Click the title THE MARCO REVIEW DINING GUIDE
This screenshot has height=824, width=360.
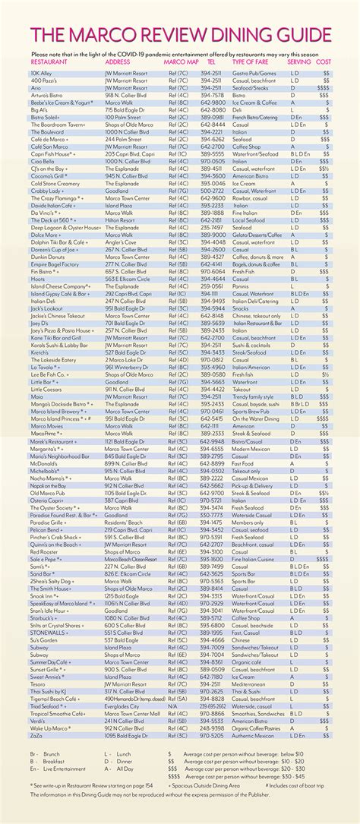[180, 37]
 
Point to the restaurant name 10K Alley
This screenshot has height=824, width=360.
[42, 74]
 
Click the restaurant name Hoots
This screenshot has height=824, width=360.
[39, 278]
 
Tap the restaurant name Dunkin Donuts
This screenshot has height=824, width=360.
[49, 257]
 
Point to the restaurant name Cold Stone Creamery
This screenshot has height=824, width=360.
[55, 183]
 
